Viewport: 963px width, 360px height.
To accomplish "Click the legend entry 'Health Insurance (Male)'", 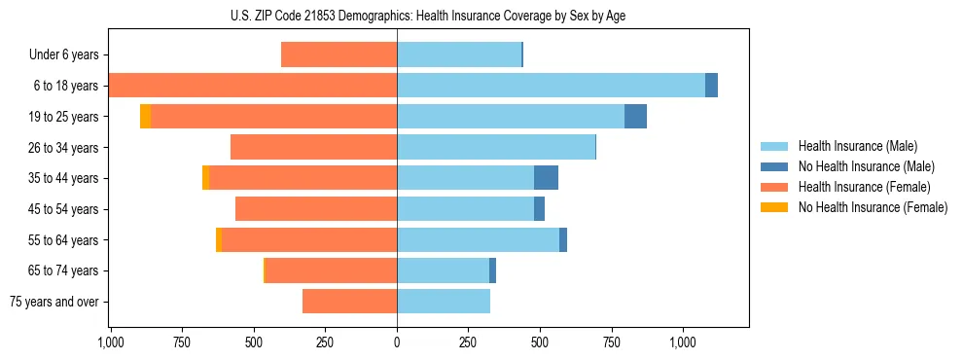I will pyautogui.click(x=857, y=146).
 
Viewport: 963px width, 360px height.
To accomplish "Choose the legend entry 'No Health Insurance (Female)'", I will pyautogui.click(x=873, y=207).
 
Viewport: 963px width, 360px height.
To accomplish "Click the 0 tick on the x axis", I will pyautogui.click(x=397, y=342).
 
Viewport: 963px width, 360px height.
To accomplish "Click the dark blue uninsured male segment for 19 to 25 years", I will pyautogui.click(x=635, y=116).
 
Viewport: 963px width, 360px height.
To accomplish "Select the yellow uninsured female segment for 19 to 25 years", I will pyautogui.click(x=145, y=116).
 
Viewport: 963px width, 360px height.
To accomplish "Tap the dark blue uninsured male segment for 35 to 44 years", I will pyautogui.click(x=546, y=178).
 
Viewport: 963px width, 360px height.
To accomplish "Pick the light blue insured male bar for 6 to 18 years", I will pyautogui.click(x=551, y=86).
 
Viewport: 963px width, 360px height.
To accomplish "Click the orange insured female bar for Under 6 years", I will pyautogui.click(x=339, y=54).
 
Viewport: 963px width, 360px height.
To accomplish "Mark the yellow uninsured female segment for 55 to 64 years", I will pyautogui.click(x=219, y=239).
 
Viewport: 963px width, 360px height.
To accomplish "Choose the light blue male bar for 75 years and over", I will pyautogui.click(x=444, y=302).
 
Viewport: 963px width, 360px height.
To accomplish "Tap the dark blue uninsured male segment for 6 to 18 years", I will pyautogui.click(x=711, y=86).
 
